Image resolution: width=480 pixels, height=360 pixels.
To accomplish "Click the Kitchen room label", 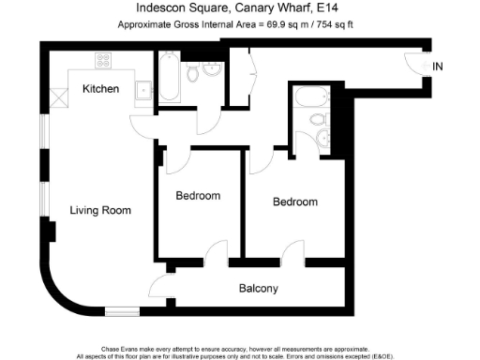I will coord(100,89).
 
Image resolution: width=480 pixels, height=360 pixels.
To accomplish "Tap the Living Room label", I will coord(100,209).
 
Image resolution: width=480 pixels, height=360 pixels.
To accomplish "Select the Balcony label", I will coord(258,288).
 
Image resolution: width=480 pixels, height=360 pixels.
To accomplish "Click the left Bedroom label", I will coord(198,196).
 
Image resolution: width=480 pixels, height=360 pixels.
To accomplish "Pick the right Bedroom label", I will coord(294,202).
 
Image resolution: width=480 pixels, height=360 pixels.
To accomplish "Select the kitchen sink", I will coord(143,89).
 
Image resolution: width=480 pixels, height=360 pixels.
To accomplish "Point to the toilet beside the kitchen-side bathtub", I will coord(193,71).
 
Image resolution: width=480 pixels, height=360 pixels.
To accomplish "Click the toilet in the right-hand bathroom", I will coord(318,120).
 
